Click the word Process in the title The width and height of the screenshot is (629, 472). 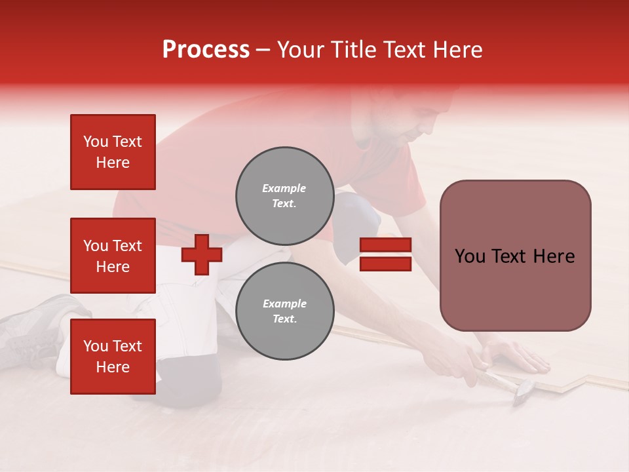point(206,50)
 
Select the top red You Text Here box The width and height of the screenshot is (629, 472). point(113,152)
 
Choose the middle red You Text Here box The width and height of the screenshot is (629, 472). point(113,256)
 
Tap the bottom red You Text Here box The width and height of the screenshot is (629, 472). point(113,356)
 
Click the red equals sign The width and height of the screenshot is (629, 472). point(385,255)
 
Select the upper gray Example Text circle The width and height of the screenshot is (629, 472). point(284,195)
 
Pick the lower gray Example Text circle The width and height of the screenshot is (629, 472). point(284,311)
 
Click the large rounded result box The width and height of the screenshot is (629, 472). point(515,256)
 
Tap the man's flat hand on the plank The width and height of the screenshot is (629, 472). point(518,357)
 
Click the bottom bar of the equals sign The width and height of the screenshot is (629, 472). point(385,264)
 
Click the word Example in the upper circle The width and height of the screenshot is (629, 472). point(284,188)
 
